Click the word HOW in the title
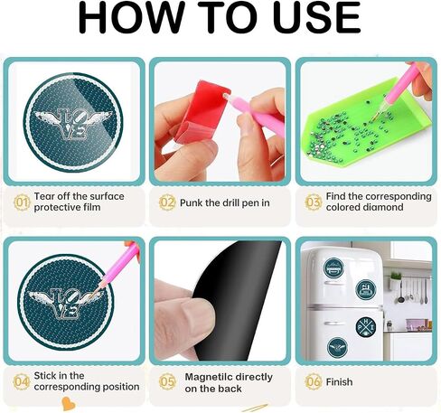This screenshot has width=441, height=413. pyautogui.click(x=131, y=17)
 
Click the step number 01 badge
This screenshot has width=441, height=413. pyautogui.click(x=22, y=202)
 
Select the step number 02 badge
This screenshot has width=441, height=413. pyautogui.click(x=167, y=202)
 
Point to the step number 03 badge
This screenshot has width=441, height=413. pyautogui.click(x=314, y=202)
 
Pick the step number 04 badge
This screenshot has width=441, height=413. pyautogui.click(x=22, y=381)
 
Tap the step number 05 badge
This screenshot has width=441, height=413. pyautogui.click(x=167, y=381)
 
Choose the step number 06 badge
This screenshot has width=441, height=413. pyautogui.click(x=314, y=381)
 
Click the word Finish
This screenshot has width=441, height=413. pyautogui.click(x=339, y=382)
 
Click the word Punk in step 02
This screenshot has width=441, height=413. pyautogui.click(x=191, y=202)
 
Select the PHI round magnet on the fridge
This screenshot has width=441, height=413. pyautogui.click(x=365, y=327)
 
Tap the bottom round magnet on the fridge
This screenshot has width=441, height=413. pyautogui.click(x=337, y=347)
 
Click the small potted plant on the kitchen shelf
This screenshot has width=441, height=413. pyautogui.click(x=396, y=279)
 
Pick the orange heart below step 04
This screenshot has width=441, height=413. pyautogui.click(x=68, y=403)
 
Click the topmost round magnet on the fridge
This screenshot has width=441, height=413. pyautogui.click(x=333, y=268)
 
